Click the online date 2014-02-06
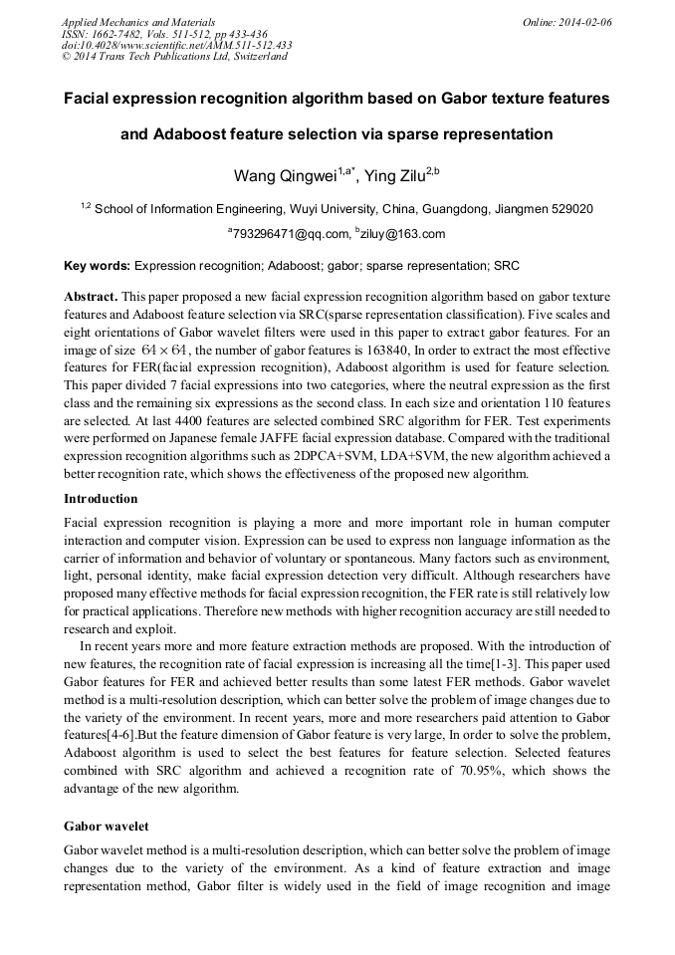click(x=586, y=21)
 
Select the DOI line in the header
click(x=176, y=45)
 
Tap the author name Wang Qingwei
click(x=285, y=177)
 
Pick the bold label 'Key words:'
click(x=97, y=266)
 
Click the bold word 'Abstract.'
click(x=92, y=297)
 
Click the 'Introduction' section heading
click(x=101, y=498)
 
